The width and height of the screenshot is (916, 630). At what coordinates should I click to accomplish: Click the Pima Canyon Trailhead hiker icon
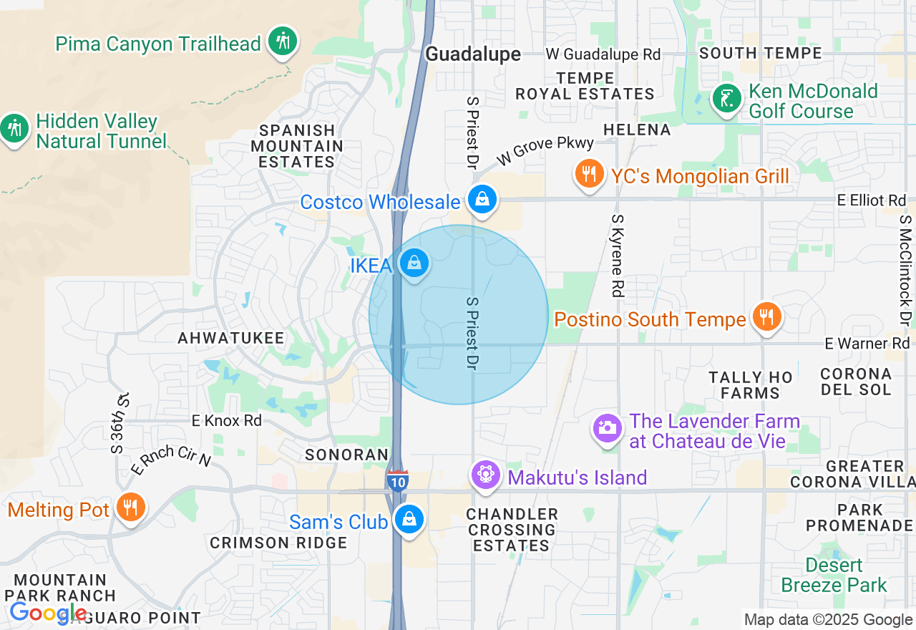[x=283, y=41]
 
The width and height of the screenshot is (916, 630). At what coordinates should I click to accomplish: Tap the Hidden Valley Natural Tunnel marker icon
[x=14, y=130]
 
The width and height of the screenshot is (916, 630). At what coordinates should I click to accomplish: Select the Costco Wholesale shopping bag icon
[x=483, y=200]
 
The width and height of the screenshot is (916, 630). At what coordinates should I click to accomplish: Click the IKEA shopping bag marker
[x=414, y=263]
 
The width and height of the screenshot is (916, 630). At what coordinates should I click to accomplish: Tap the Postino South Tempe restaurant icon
[x=766, y=317]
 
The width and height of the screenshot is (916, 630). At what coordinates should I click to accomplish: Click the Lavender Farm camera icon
[x=607, y=428]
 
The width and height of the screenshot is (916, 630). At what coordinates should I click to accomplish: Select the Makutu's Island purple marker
[x=485, y=475]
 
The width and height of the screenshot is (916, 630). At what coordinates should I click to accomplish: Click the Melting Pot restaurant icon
[x=130, y=508]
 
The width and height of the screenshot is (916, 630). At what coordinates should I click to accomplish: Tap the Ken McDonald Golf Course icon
[x=727, y=99]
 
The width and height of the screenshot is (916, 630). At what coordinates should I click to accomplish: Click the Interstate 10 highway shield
[x=398, y=480]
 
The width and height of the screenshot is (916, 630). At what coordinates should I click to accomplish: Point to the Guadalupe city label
[x=473, y=54]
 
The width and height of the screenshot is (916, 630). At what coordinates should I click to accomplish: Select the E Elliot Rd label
[x=872, y=200]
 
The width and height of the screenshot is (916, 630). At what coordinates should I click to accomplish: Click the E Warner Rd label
[x=867, y=344]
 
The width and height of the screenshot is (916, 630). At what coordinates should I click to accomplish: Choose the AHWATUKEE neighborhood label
[x=231, y=338]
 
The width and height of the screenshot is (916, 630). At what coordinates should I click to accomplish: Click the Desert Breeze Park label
[x=834, y=575]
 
